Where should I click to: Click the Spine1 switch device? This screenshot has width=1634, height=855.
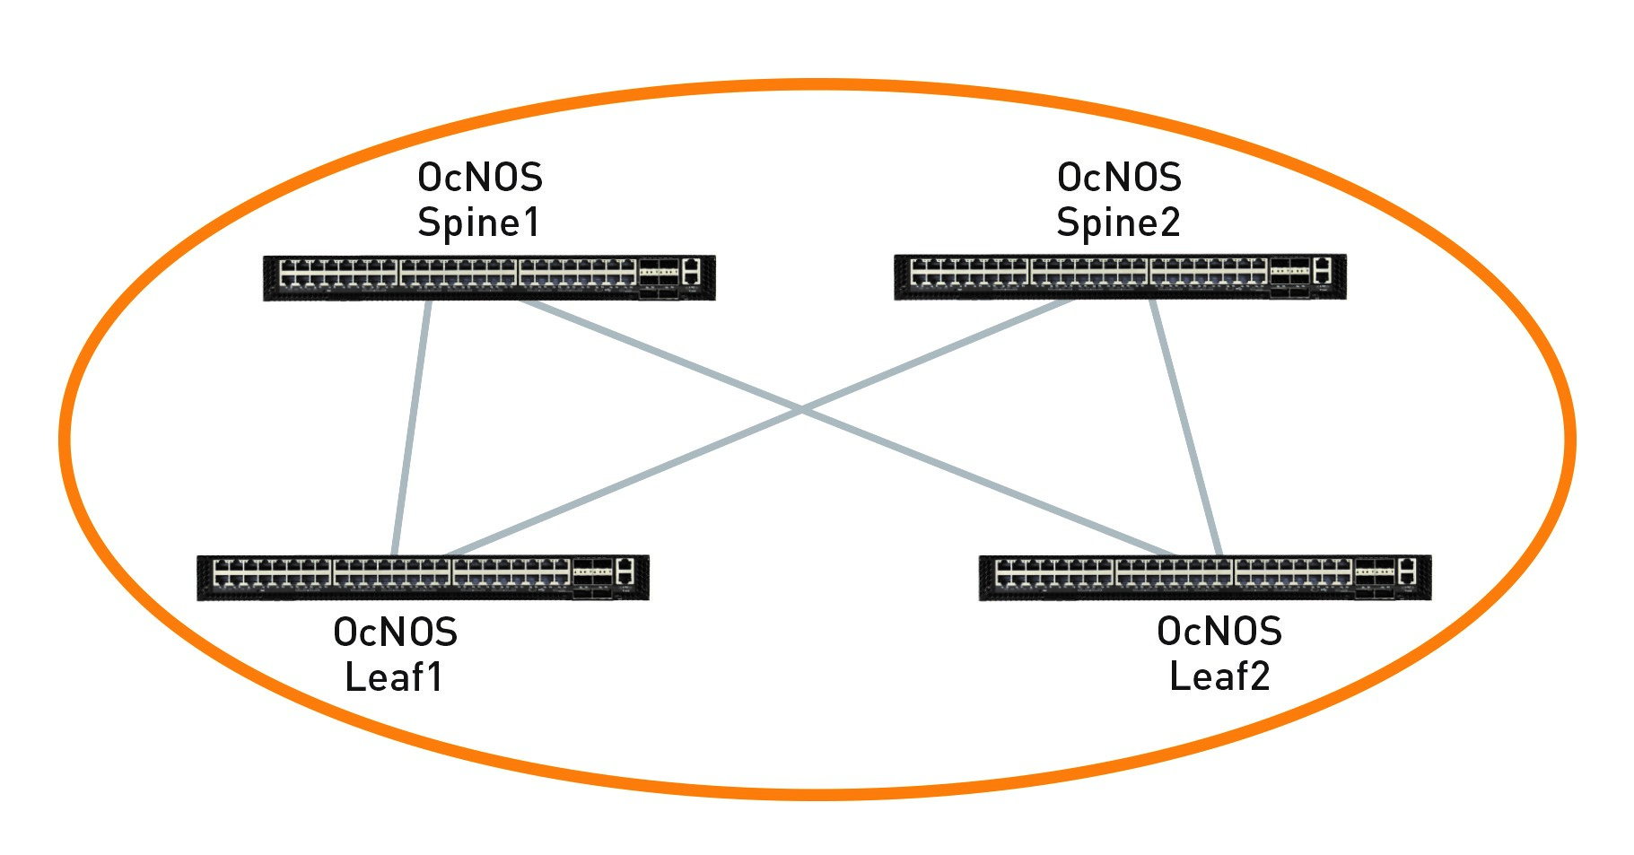click(x=489, y=277)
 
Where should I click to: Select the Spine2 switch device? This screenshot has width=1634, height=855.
click(x=1120, y=276)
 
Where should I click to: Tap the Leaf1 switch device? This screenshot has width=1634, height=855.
click(x=423, y=578)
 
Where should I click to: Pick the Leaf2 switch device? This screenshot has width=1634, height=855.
click(x=1204, y=578)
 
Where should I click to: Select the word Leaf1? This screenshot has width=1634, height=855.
click(x=394, y=676)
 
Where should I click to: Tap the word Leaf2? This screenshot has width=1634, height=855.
click(x=1219, y=676)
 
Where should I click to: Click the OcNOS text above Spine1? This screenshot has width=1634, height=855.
click(x=480, y=178)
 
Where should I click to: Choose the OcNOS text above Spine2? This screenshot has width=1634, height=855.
click(x=1119, y=178)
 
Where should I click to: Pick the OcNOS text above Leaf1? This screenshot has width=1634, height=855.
click(x=395, y=633)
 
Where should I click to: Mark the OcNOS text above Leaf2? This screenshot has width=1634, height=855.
click(x=1219, y=631)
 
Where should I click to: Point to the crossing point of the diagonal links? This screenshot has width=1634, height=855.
click(x=800, y=411)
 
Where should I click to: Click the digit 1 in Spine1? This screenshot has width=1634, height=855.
click(x=530, y=222)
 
